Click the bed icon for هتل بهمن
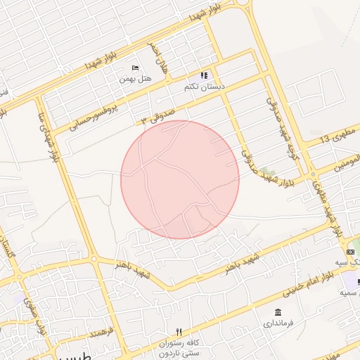[x=135, y=68]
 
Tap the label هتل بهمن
[x=135, y=80]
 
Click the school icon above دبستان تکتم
[x=204, y=75]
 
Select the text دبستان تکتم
[x=204, y=87]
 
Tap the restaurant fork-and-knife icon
[x=179, y=332]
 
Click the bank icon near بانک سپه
[x=350, y=252]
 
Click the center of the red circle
[x=180, y=179]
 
